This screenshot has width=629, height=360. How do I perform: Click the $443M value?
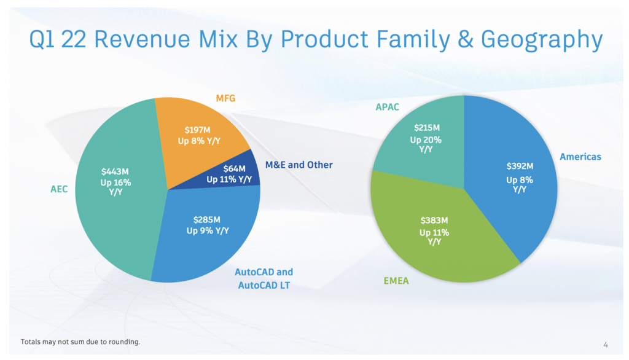pos(115,172)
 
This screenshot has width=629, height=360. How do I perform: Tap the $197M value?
pos(197,130)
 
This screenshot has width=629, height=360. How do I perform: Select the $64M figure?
pos(234,169)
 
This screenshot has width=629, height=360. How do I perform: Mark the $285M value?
pos(206,220)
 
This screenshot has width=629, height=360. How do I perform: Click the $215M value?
pos(427,128)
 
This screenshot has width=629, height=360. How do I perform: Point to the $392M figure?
pos(520,166)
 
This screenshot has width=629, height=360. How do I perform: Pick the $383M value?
pos(434,221)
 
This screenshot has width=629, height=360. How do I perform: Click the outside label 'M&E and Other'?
pos(299,165)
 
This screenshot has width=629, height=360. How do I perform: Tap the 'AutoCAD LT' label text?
pos(264,285)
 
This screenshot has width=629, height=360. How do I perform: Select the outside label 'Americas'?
pos(580,157)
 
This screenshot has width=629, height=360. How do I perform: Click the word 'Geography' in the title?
pos(542,40)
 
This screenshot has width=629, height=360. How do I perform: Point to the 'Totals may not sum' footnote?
pos(80,342)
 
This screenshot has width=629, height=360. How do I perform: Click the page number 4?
pos(606,345)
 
